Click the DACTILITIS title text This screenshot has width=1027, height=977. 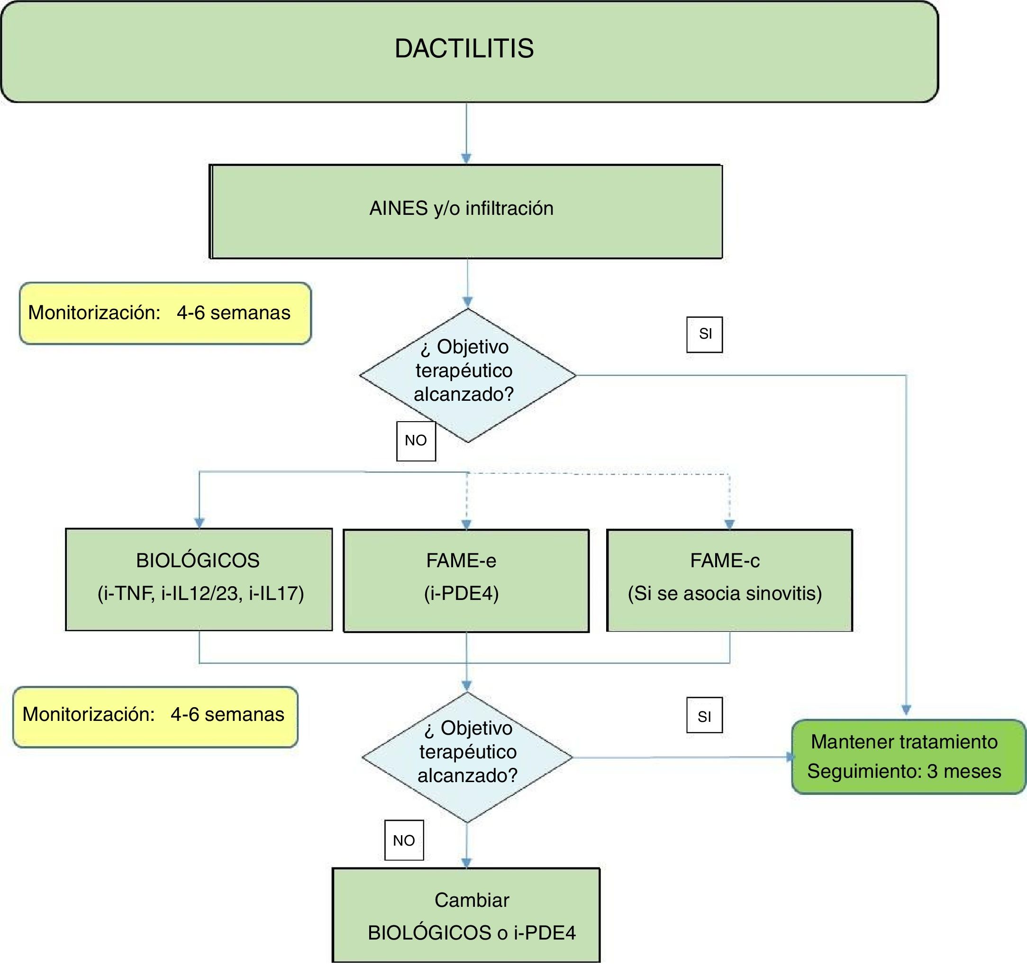(464, 48)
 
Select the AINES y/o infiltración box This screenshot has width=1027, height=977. (465, 212)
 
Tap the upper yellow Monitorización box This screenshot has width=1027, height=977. (165, 313)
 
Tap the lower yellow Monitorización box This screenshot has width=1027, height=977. (155, 717)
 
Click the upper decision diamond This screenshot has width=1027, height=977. (467, 375)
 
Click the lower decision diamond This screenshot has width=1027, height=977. (467, 757)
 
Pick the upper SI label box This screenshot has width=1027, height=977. (704, 334)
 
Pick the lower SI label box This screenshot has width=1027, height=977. (704, 715)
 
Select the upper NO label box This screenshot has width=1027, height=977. (416, 441)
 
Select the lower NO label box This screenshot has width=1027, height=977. (404, 840)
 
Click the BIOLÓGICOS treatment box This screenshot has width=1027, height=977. (199, 580)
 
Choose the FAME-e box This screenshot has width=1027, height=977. (466, 581)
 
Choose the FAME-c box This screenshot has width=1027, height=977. (729, 580)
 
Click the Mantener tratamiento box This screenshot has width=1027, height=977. (909, 757)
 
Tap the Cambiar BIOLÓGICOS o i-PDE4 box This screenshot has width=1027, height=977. (466, 915)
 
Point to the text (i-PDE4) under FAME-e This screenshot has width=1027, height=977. (461, 594)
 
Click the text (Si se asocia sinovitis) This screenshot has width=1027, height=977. (725, 594)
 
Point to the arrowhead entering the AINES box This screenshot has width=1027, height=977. (466, 159)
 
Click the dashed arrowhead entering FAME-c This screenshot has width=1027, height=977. (729, 525)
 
